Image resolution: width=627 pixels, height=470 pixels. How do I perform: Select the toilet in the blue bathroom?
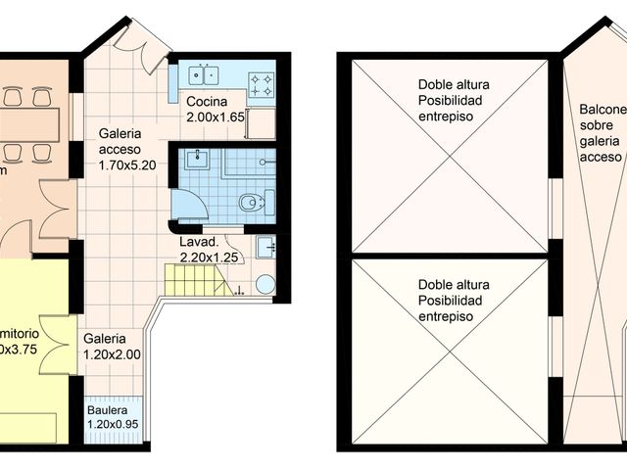coord(252,204)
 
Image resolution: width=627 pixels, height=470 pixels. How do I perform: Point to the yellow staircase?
coord(196,280)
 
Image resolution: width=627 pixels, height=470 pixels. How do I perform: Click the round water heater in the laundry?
coord(265,284)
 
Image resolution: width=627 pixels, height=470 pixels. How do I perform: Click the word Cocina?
coord(207,103)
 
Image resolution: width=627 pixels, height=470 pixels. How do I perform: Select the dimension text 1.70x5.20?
coord(127,165)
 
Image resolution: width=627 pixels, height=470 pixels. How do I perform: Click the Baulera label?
coord(106,410)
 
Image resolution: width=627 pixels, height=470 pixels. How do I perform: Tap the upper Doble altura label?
coord(453,84)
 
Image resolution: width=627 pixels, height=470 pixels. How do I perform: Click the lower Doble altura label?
coord(453,284)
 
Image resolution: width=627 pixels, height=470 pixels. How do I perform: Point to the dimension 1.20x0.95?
coord(114,425)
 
